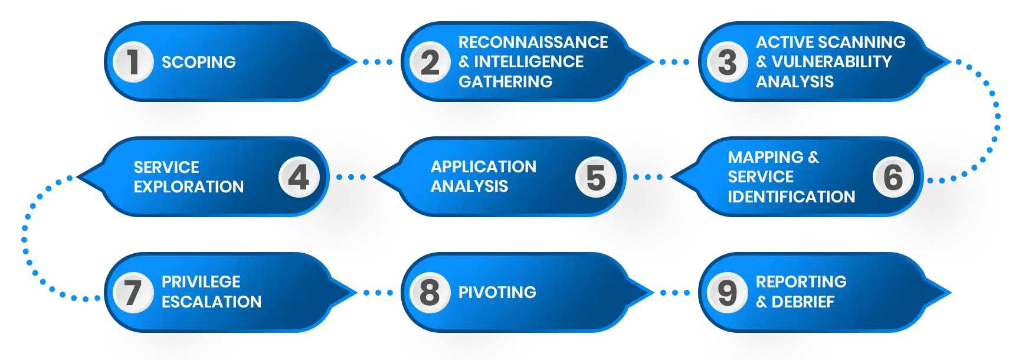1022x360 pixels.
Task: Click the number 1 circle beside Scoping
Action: coord(133,62)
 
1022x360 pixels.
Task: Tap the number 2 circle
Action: coord(430,62)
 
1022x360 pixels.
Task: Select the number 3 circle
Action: coord(727,62)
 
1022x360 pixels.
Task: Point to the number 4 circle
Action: coord(299,177)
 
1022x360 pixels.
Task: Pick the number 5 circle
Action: coord(596,177)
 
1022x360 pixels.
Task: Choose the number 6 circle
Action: coord(893,177)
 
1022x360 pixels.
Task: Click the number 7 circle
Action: coord(133,292)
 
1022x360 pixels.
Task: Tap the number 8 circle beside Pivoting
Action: coord(430,292)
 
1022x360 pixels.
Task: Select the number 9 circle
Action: coord(727,292)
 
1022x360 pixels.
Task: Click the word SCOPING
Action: coord(199,62)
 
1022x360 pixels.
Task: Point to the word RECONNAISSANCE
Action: coord(533,42)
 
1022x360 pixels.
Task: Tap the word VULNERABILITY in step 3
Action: coord(831,61)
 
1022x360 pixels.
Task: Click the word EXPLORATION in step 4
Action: coord(188,186)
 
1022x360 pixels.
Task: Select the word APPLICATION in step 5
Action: coord(483,167)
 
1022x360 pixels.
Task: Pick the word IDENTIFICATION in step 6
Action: coord(791,197)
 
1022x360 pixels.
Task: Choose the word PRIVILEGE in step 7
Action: coord(201,282)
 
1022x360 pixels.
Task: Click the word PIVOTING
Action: coord(497,292)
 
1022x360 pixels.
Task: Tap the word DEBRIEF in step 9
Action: coord(803,302)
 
